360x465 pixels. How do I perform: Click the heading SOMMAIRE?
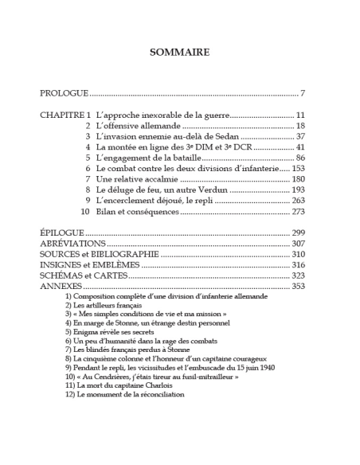(180, 53)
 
